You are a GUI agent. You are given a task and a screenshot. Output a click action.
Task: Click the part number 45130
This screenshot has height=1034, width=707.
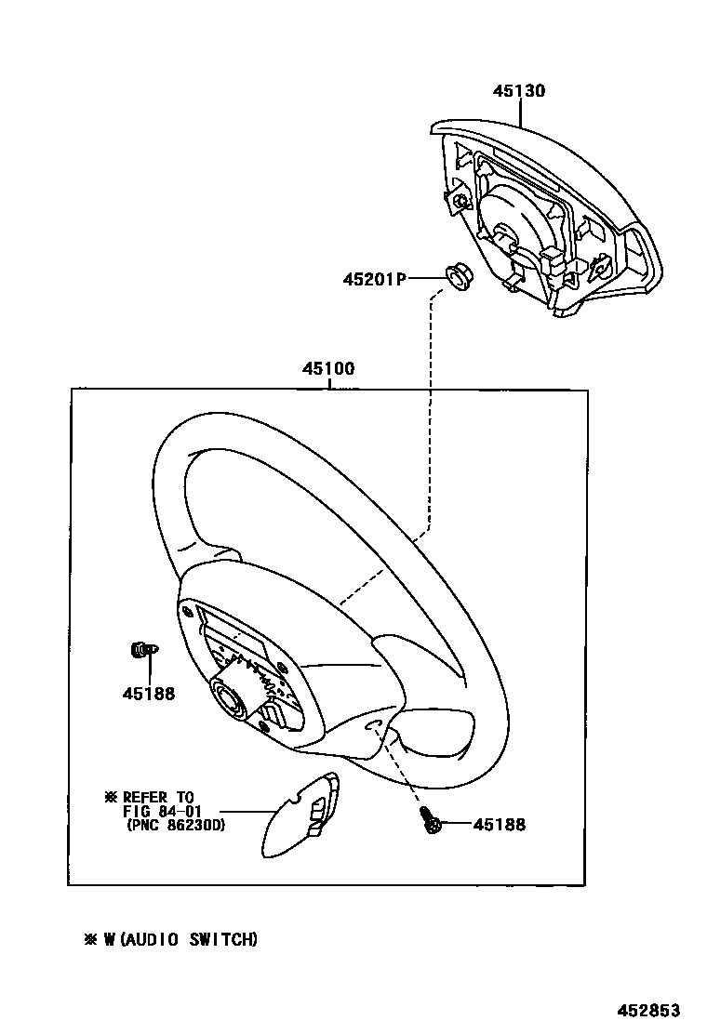point(519,91)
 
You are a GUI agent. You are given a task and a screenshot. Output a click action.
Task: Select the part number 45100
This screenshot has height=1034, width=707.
point(327,369)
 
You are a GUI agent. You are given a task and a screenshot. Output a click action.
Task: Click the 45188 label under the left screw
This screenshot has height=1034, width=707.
point(148,693)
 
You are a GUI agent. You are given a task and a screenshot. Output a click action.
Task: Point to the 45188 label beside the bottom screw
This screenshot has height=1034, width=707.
point(499,825)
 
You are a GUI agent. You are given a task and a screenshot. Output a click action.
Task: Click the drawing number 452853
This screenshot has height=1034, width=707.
point(649,1011)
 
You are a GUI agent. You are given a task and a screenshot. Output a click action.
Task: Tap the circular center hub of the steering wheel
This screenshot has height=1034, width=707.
point(230,696)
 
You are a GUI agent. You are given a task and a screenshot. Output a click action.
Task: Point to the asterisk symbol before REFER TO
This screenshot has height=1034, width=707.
point(113,797)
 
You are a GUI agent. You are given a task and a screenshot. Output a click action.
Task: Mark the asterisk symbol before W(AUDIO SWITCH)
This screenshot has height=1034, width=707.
point(91,940)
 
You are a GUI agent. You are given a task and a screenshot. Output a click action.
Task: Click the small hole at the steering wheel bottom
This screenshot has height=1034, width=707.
point(371,724)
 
